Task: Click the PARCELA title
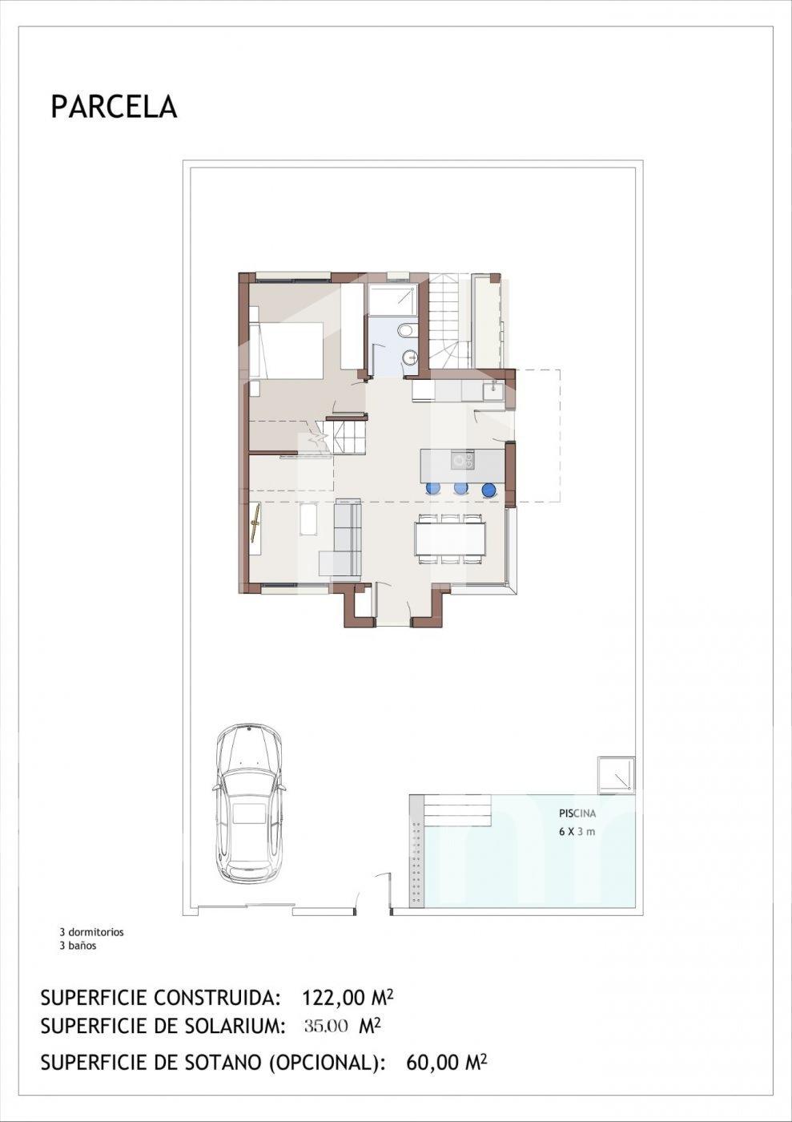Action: pos(115,107)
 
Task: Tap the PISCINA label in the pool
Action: pos(577,814)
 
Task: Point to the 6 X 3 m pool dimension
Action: pos(577,832)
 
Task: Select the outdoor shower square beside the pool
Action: pos(617,776)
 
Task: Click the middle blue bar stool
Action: pos(460,488)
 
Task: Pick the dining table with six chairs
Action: pos(449,539)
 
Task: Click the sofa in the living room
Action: pos(341,538)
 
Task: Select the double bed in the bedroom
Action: pos(286,349)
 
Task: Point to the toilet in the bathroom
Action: pos(405,330)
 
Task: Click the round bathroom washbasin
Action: pos(409,357)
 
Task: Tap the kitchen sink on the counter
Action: pos(494,390)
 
